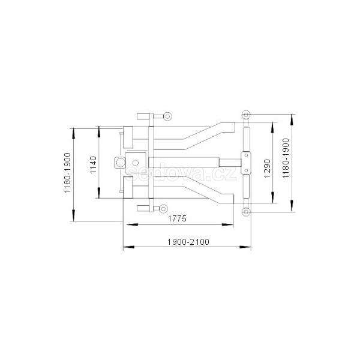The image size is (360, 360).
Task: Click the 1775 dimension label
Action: coord(177,218)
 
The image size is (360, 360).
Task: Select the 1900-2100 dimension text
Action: coord(188,242)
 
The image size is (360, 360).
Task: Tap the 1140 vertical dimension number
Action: coord(94,165)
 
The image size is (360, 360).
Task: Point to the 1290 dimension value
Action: coord(267,168)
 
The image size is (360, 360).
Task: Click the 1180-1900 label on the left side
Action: coord(67,172)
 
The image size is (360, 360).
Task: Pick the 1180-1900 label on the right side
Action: coord(286,158)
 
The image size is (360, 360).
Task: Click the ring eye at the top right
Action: coord(246,114)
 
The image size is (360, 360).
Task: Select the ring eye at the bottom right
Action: coord(246,212)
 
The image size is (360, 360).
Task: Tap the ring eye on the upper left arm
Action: coord(167,116)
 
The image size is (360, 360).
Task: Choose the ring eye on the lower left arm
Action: coord(163,209)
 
